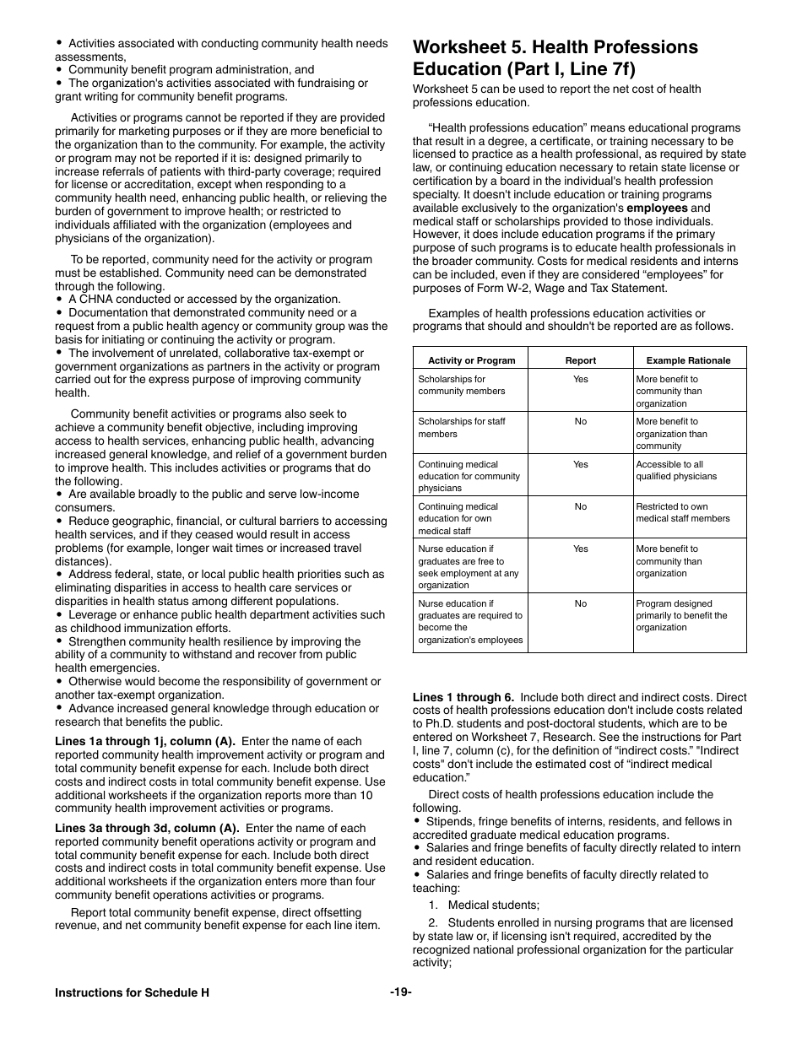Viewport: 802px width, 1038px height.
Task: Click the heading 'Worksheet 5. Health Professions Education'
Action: pyautogui.click(x=555, y=57)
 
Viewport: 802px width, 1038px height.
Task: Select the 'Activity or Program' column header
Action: pyautogui.click(x=471, y=360)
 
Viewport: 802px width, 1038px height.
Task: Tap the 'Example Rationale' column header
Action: pyautogui.click(x=688, y=360)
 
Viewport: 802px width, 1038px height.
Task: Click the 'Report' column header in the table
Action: pyautogui.click(x=580, y=360)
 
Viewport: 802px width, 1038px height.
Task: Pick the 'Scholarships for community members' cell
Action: pyautogui.click(x=462, y=386)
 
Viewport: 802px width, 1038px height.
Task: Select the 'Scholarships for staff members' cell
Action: pyautogui.click(x=462, y=428)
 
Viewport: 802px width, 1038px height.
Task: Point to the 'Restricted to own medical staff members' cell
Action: pyautogui.click(x=682, y=512)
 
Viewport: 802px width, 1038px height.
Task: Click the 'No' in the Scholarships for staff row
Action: pyautogui.click(x=580, y=421)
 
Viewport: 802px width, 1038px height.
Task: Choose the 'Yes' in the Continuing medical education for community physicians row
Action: pyautogui.click(x=580, y=464)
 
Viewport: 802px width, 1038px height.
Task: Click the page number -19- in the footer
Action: pyautogui.click(x=400, y=992)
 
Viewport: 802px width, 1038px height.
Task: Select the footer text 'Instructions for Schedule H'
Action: pyautogui.click(x=132, y=992)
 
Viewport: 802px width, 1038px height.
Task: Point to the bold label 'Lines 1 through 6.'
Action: pyautogui.click(x=463, y=697)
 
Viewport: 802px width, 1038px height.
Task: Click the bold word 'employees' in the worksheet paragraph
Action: pyautogui.click(x=657, y=208)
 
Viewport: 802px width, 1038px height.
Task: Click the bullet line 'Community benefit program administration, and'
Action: pyautogui.click(x=191, y=70)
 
